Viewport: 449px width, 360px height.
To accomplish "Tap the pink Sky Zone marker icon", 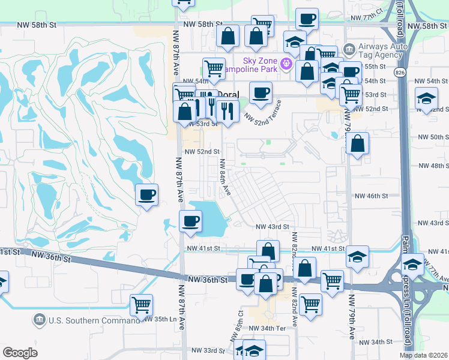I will (x=287, y=62).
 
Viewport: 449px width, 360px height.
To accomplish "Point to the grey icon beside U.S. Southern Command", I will (x=40, y=318).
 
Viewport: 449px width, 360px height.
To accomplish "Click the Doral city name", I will (x=227, y=94).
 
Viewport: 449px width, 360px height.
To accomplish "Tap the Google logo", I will (x=20, y=352).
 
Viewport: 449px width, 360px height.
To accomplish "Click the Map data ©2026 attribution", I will (x=423, y=355).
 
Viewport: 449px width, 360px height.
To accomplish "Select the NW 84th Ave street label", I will (x=225, y=176).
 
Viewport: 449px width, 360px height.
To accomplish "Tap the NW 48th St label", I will (x=432, y=165).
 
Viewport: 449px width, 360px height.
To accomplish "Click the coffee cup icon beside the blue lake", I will (x=191, y=221).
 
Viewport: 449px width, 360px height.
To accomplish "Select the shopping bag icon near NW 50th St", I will (x=357, y=144).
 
